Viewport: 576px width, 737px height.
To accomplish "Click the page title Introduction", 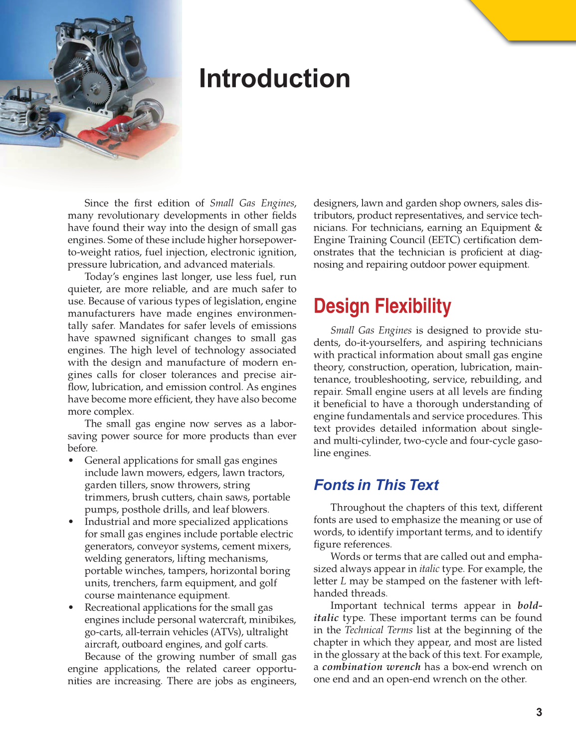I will tap(274, 79).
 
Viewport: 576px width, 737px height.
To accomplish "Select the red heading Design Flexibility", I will tap(382, 306).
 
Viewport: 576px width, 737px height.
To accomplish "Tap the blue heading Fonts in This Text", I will tap(376, 485).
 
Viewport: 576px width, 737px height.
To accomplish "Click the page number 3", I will tap(539, 712).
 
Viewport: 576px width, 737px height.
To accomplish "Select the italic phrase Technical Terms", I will tap(379, 630).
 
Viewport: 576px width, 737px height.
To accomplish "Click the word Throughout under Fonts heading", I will tap(358, 507).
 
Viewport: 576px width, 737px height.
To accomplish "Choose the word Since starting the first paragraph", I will tap(96, 203).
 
